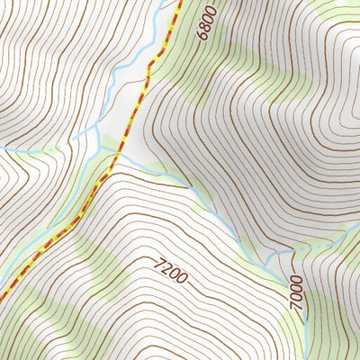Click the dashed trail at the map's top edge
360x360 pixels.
179,2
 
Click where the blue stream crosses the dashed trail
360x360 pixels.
115,155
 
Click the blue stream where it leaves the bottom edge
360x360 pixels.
306,358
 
